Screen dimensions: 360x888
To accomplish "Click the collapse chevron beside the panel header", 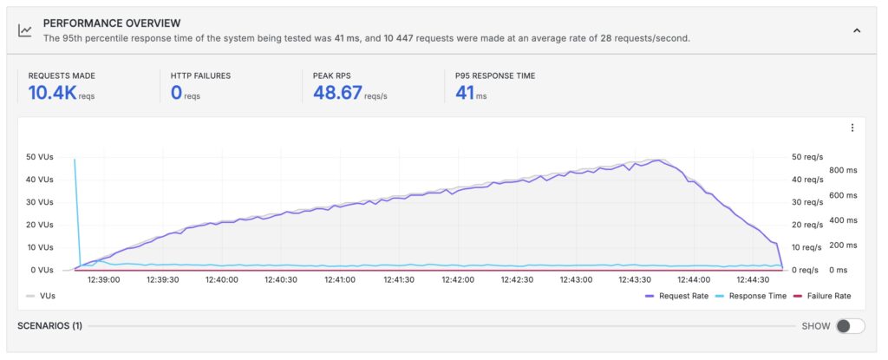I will (857, 30).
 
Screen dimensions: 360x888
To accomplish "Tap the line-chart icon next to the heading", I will (25, 30).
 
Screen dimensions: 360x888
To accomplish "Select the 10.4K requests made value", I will (52, 92).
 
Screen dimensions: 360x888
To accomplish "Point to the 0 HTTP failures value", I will (176, 92).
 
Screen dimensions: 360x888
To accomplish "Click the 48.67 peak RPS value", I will (337, 92).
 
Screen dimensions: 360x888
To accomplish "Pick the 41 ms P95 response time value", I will (465, 92).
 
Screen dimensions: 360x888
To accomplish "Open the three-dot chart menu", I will (852, 128).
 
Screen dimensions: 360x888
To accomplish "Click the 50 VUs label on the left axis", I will (40, 157).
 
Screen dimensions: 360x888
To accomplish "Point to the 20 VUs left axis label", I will (40, 225).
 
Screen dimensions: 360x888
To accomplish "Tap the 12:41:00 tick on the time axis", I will (339, 279).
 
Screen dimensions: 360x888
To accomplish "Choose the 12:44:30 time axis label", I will (753, 279).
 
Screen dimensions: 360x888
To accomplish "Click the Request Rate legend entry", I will (677, 296).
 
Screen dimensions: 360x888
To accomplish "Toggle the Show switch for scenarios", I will (850, 326).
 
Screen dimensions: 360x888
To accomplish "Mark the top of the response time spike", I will (75, 160).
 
